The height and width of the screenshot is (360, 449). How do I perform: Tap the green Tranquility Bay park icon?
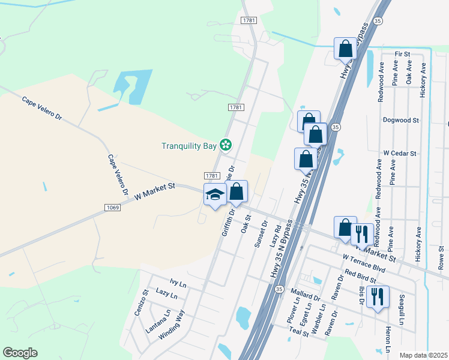click(226, 145)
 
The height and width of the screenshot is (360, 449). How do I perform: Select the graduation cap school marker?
click(215, 194)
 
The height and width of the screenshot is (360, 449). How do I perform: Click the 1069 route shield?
click(112, 208)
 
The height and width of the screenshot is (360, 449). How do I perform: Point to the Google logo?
click(20, 353)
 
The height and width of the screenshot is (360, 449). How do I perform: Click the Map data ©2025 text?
click(423, 355)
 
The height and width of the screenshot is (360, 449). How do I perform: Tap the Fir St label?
click(402, 54)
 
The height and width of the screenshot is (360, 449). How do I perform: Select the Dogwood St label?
click(400, 120)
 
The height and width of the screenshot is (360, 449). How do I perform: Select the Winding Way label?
click(171, 325)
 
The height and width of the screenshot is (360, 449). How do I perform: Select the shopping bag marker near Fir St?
click(345, 49)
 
